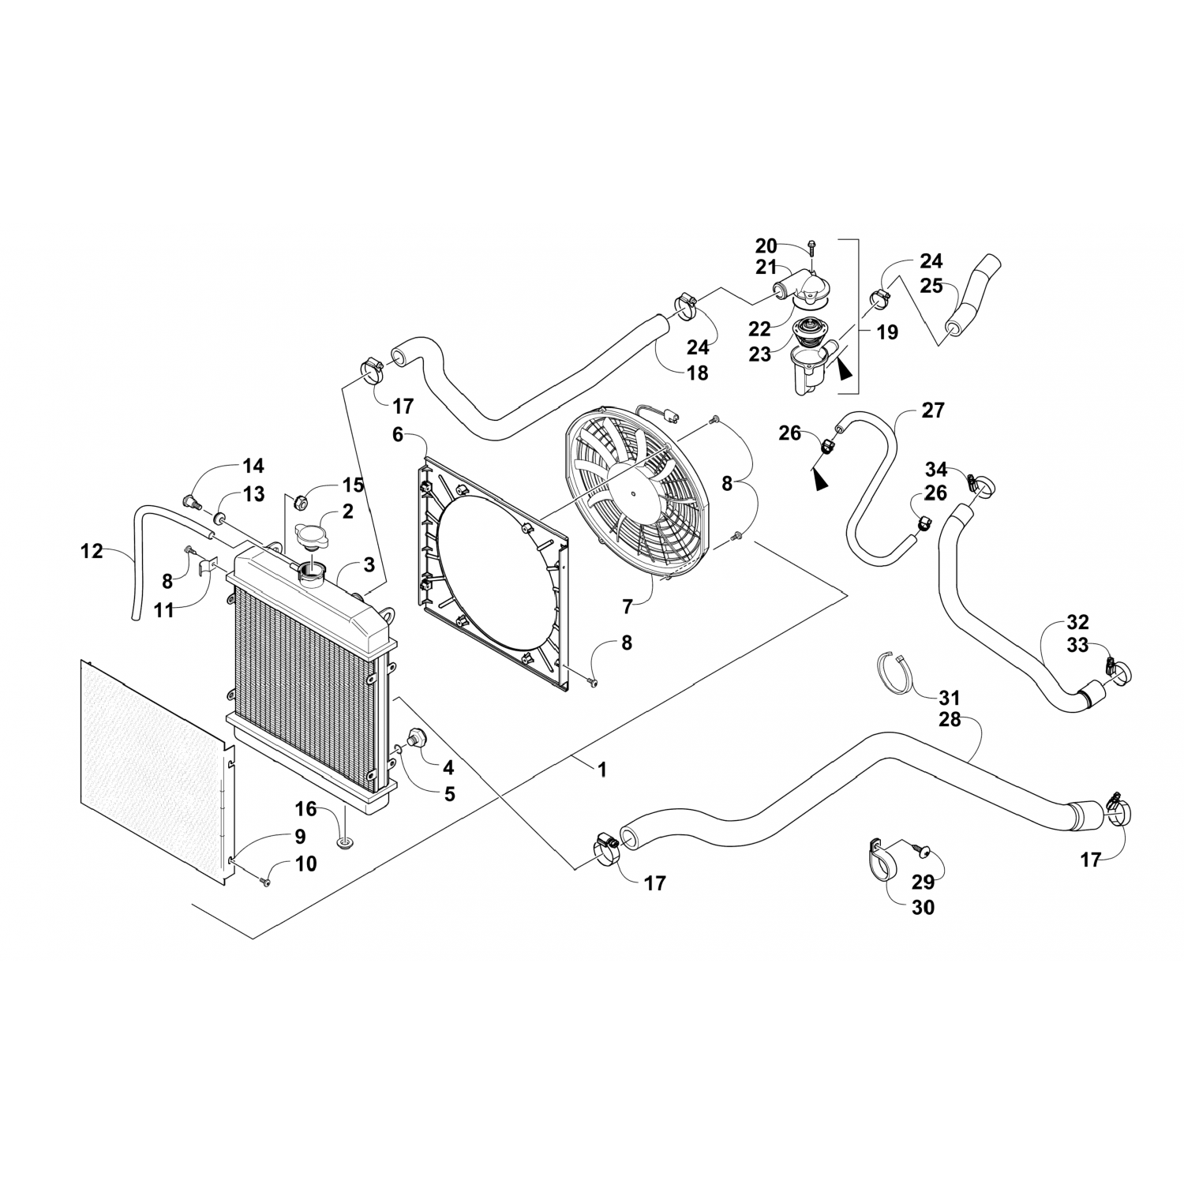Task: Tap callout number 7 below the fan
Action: pyautogui.click(x=628, y=606)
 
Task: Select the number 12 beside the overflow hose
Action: pyautogui.click(x=92, y=551)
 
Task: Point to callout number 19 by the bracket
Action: pyautogui.click(x=887, y=332)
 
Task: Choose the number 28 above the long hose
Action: pyautogui.click(x=950, y=719)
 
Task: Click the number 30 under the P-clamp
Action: pyautogui.click(x=923, y=908)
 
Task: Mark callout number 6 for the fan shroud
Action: pyautogui.click(x=397, y=434)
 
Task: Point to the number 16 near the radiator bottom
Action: pyautogui.click(x=306, y=809)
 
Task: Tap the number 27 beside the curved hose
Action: pyautogui.click(x=933, y=410)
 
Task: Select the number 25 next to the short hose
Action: pyautogui.click(x=931, y=286)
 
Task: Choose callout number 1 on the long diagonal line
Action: pyautogui.click(x=602, y=769)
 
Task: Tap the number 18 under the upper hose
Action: pyautogui.click(x=698, y=373)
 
